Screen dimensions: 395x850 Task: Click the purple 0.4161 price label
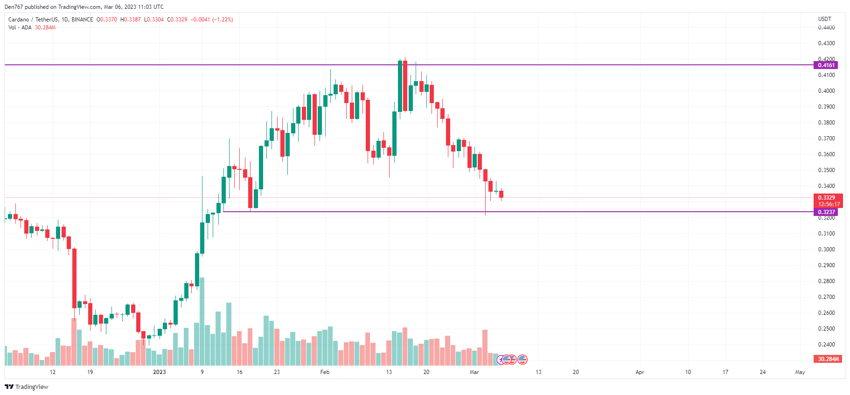pos(826,65)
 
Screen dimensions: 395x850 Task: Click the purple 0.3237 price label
pos(826,212)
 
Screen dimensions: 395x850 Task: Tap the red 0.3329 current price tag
pos(828,198)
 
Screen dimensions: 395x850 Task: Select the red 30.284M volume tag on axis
pos(828,359)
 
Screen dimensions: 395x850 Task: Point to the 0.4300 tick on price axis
pos(826,43)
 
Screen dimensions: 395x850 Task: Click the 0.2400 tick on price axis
pos(826,345)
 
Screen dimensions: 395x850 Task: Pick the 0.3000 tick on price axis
pos(826,249)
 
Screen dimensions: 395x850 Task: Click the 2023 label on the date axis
pos(160,372)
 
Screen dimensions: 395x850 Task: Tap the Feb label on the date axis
pos(325,372)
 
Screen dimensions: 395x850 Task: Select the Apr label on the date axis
pos(640,372)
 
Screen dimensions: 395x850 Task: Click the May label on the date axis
pos(800,372)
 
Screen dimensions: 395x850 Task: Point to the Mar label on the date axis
pos(474,372)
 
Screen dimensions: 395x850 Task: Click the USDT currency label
pos(824,19)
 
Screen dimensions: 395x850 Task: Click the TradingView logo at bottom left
pos(27,387)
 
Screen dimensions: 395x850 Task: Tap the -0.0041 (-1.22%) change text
pos(212,20)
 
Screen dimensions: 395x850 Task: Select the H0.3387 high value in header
pos(130,20)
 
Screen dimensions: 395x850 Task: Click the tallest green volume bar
pos(202,322)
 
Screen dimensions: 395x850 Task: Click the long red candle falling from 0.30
pos(74,278)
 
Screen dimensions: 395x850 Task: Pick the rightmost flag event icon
pos(523,360)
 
